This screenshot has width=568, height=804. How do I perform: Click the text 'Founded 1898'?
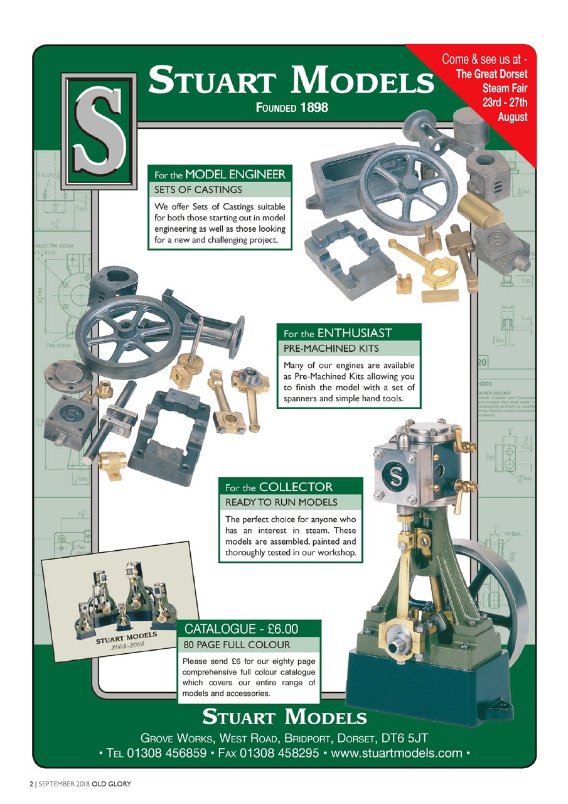(291, 107)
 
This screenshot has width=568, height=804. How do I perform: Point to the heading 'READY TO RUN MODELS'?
(281, 502)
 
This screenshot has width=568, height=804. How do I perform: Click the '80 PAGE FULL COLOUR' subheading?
(237, 644)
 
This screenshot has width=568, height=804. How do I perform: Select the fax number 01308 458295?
(279, 753)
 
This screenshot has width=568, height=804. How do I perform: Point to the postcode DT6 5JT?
(405, 736)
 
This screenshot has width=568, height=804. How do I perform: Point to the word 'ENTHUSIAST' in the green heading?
(355, 332)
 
